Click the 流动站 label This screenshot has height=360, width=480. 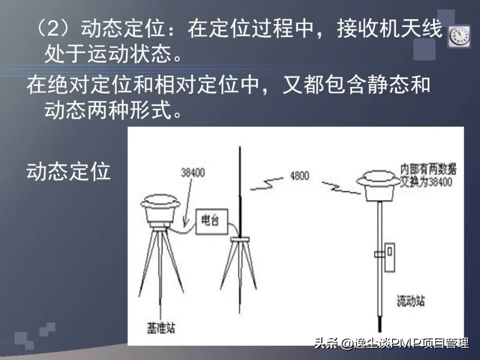pos(410,301)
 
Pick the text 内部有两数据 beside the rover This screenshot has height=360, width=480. pos(428,169)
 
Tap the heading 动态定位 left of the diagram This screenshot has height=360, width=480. pos(68,171)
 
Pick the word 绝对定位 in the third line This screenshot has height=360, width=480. pos(88,85)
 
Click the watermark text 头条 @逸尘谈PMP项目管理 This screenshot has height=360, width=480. pos(391,343)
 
